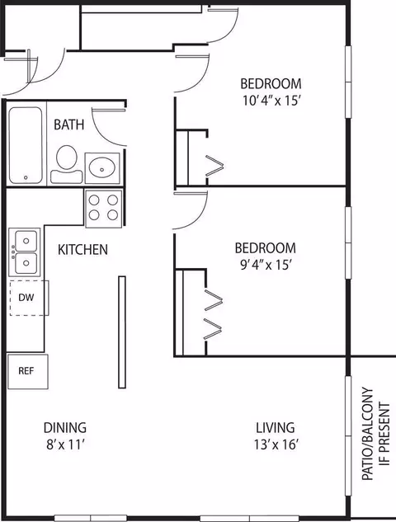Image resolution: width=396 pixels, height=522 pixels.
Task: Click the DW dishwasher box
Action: point(29,298)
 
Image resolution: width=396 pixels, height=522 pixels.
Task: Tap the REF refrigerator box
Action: point(28,371)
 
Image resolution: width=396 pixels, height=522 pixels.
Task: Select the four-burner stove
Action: point(104,209)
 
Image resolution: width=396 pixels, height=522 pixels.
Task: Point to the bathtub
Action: point(26,145)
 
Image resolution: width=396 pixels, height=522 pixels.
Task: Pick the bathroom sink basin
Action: point(102,168)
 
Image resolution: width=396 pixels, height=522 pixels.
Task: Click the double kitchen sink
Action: point(25,252)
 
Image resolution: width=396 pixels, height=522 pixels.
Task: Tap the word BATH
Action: point(69,125)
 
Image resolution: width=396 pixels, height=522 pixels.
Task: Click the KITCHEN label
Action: point(83,250)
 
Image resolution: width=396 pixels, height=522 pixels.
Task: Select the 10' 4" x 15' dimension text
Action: point(271,101)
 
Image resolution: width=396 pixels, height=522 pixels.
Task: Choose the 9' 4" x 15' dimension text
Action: point(266,266)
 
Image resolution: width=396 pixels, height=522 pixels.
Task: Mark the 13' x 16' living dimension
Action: point(276,444)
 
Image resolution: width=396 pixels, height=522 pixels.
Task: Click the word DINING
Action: point(65,428)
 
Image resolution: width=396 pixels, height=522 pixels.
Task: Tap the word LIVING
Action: point(276,428)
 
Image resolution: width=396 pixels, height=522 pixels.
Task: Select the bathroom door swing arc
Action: point(103,137)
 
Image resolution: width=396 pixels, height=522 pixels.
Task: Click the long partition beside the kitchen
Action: point(122,332)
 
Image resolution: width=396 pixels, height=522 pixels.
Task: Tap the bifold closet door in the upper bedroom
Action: point(214,166)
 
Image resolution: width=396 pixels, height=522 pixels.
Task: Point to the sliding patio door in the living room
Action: point(348,435)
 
